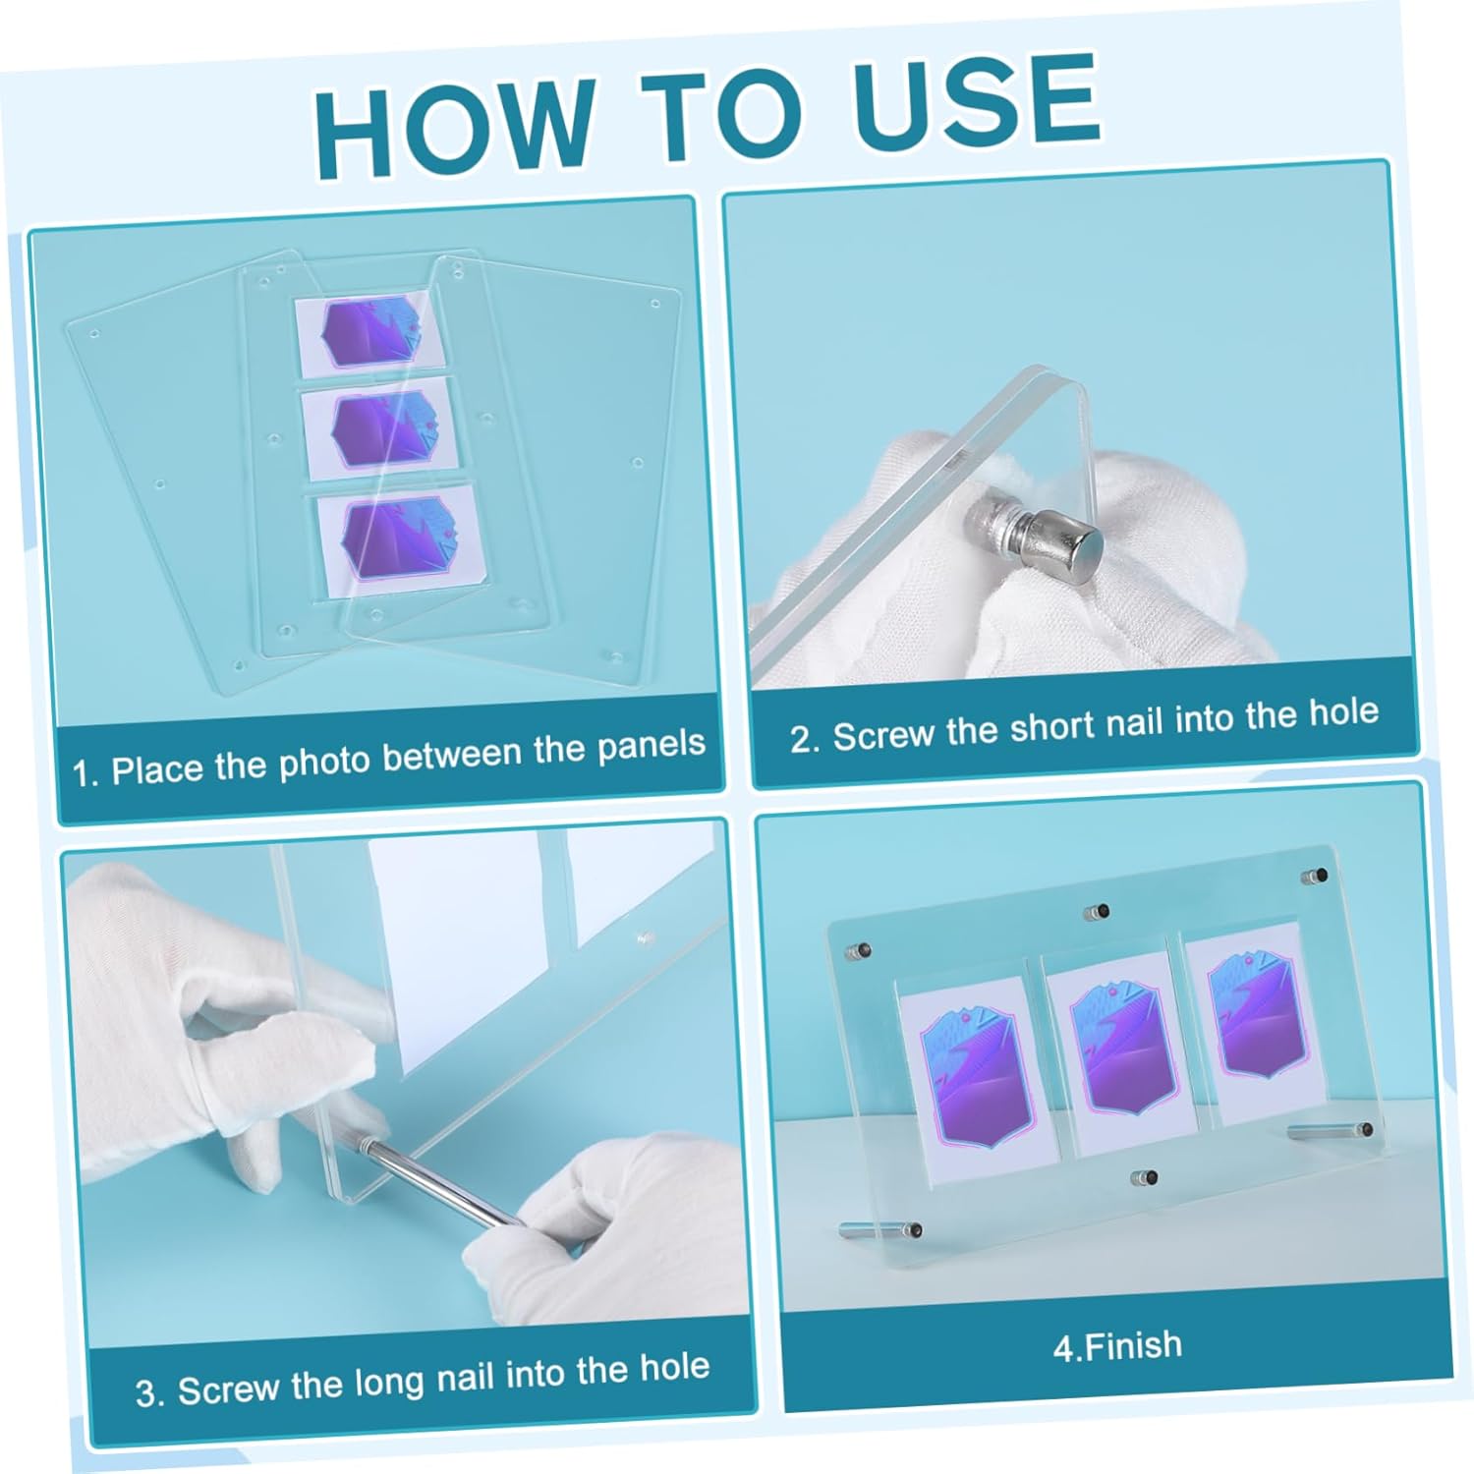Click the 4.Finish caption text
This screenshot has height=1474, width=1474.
point(1117,1345)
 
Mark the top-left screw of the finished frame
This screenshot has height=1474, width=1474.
point(859,951)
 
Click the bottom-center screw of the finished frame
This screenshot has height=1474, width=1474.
point(1144,1177)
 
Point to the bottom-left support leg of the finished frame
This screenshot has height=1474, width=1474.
point(880,1228)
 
